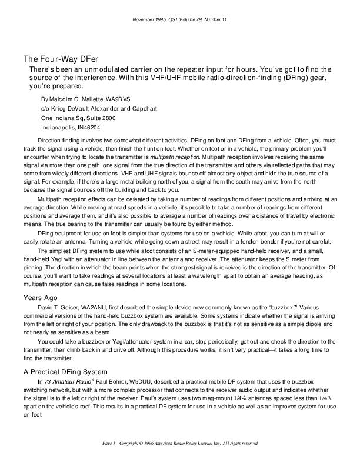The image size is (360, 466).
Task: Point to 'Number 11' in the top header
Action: tap(214, 19)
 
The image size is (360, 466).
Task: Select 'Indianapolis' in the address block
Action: tap(58, 127)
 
